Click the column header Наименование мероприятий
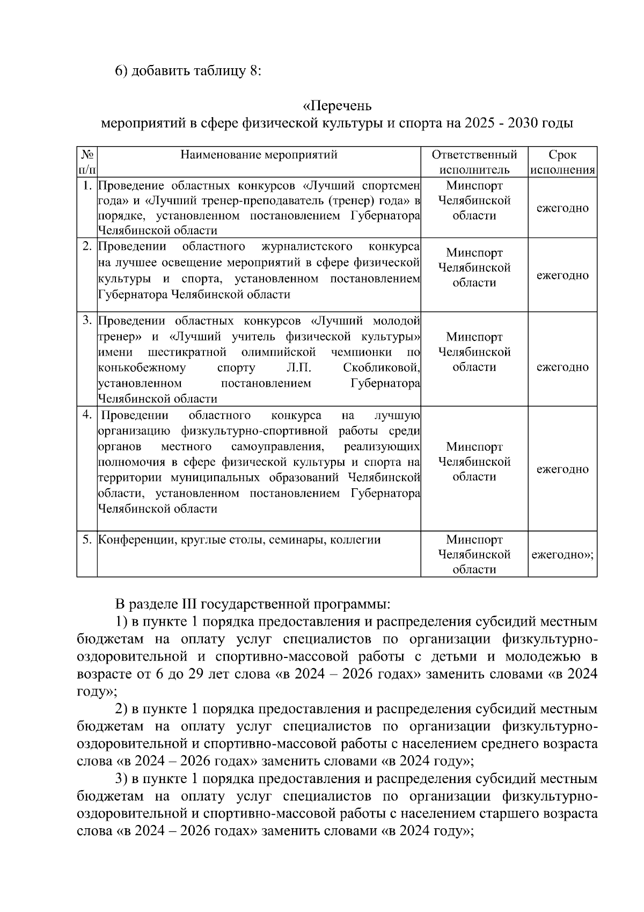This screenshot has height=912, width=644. [259, 155]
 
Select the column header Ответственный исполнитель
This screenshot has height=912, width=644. [474, 162]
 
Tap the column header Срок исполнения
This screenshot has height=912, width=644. [562, 162]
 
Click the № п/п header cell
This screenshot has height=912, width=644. [87, 162]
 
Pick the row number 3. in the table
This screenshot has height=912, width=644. [87, 321]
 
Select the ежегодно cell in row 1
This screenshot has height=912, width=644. [562, 208]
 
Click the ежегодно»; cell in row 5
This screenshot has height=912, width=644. [562, 554]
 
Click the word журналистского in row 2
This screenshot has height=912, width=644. [306, 247]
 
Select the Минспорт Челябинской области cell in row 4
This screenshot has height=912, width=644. [474, 462]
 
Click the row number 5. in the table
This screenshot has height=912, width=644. [87, 539]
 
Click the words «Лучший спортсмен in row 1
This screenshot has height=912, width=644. [361, 186]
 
